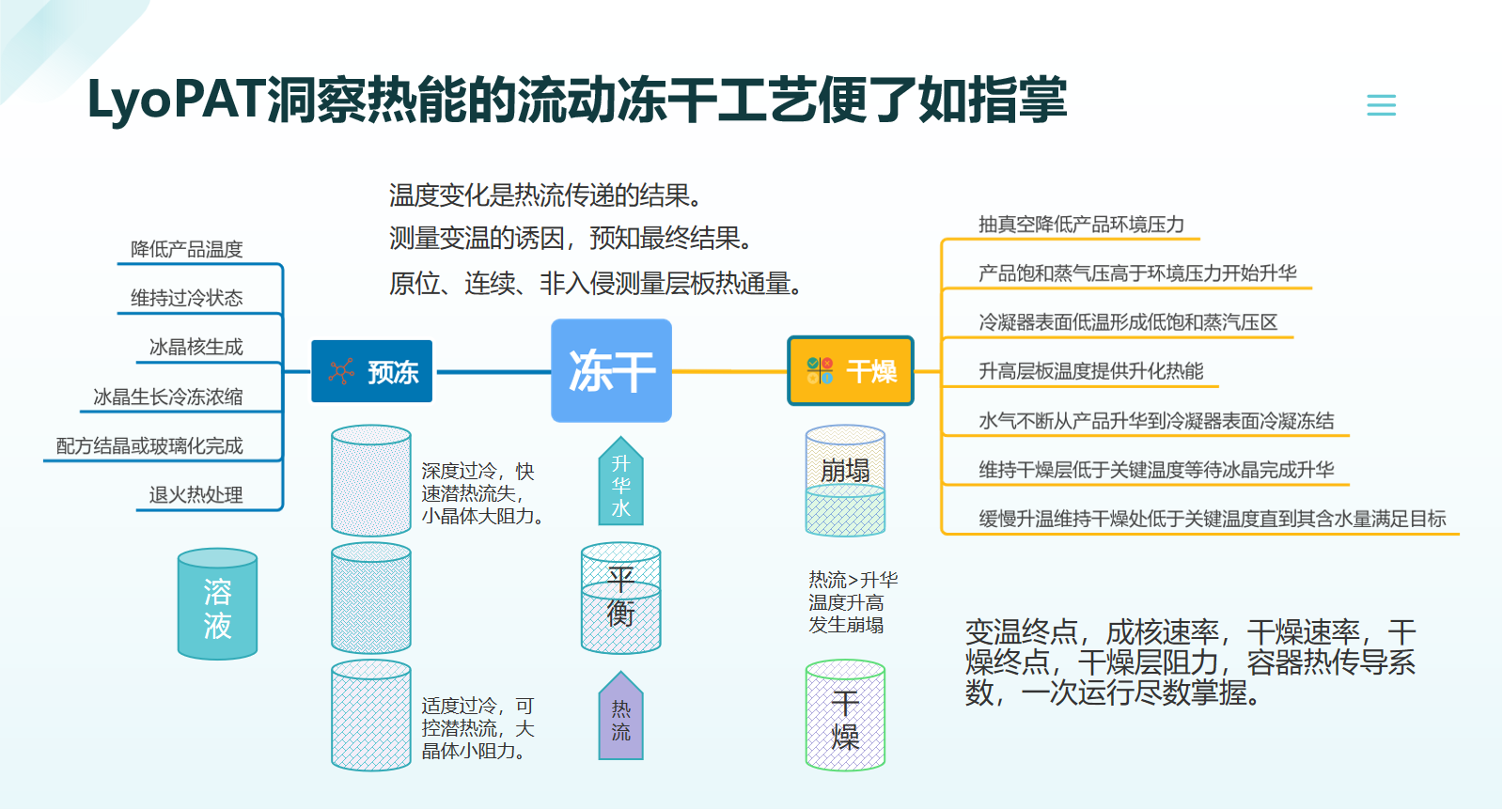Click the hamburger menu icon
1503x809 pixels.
(x=1381, y=105)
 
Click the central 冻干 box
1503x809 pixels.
(x=611, y=370)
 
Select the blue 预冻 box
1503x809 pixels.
(x=371, y=371)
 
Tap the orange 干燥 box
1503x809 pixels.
(x=850, y=371)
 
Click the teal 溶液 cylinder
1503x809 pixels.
(x=217, y=604)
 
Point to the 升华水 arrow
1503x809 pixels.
(x=620, y=481)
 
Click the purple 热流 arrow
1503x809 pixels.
(x=620, y=716)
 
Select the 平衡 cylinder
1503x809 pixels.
(x=620, y=598)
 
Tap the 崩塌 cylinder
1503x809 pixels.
(x=845, y=480)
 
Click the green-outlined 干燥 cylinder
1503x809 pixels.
(x=845, y=715)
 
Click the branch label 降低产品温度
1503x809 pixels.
(x=186, y=250)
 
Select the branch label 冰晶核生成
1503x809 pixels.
(x=196, y=347)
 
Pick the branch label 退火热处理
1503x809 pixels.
(x=196, y=495)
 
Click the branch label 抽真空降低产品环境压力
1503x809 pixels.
(x=1081, y=224)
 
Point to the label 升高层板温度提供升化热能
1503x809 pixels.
(x=1091, y=371)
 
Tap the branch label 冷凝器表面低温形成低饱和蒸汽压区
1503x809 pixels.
(x=1128, y=322)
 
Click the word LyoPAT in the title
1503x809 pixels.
(x=177, y=101)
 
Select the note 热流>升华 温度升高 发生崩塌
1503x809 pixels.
(x=853, y=601)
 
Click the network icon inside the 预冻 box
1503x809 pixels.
(x=341, y=371)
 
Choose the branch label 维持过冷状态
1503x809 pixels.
(x=186, y=298)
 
